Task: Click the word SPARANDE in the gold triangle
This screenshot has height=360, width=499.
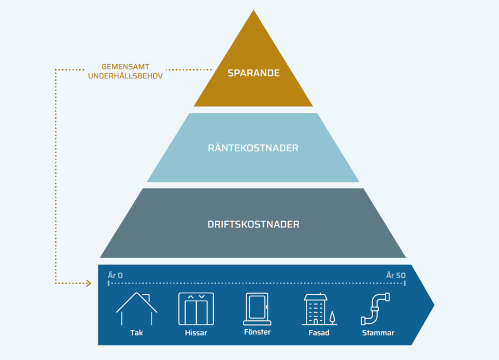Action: coord(253,73)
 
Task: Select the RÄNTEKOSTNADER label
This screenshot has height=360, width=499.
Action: coord(253,148)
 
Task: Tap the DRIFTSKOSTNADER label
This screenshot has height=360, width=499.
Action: coord(253,224)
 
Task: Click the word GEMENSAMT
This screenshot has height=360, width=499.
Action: coord(125,67)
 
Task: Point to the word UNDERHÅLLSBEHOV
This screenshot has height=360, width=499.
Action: coord(125,76)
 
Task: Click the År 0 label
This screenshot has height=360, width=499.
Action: coord(115,275)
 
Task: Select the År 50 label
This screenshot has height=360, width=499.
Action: coord(396,275)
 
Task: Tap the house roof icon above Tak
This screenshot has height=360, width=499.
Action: coord(136,309)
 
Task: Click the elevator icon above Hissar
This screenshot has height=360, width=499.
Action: coord(196,309)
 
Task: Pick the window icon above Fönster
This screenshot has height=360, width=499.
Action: coord(257,309)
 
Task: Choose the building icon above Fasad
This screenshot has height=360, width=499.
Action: coord(315,310)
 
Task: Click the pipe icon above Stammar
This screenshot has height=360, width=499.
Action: coord(376,309)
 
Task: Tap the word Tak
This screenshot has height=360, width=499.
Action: coord(136,333)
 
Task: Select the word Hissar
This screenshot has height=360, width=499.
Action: coord(196,333)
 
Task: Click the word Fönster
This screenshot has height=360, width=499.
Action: coord(257,332)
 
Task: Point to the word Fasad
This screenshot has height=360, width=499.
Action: coord(319,333)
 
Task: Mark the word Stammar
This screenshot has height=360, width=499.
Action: coord(378,333)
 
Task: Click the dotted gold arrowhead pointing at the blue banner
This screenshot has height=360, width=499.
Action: coord(89,284)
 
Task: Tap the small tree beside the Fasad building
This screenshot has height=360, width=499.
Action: coord(332,317)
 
